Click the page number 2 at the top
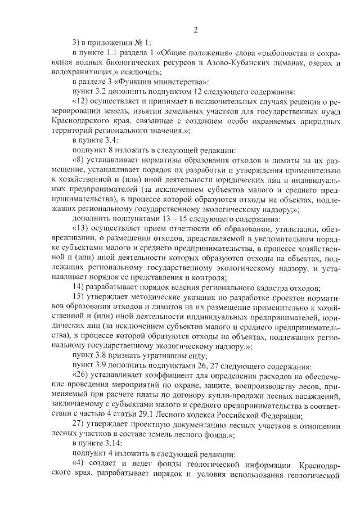[195, 30]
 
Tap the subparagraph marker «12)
[82, 101]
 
